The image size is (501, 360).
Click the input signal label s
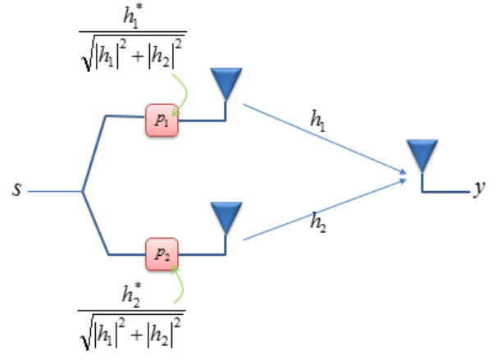point(16,190)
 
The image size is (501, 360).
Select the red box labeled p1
point(161,120)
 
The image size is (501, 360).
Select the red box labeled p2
point(161,253)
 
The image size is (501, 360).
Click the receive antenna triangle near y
point(422,155)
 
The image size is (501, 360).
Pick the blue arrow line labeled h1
point(328,139)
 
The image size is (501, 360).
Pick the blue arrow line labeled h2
point(328,206)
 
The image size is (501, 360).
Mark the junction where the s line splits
point(82,192)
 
